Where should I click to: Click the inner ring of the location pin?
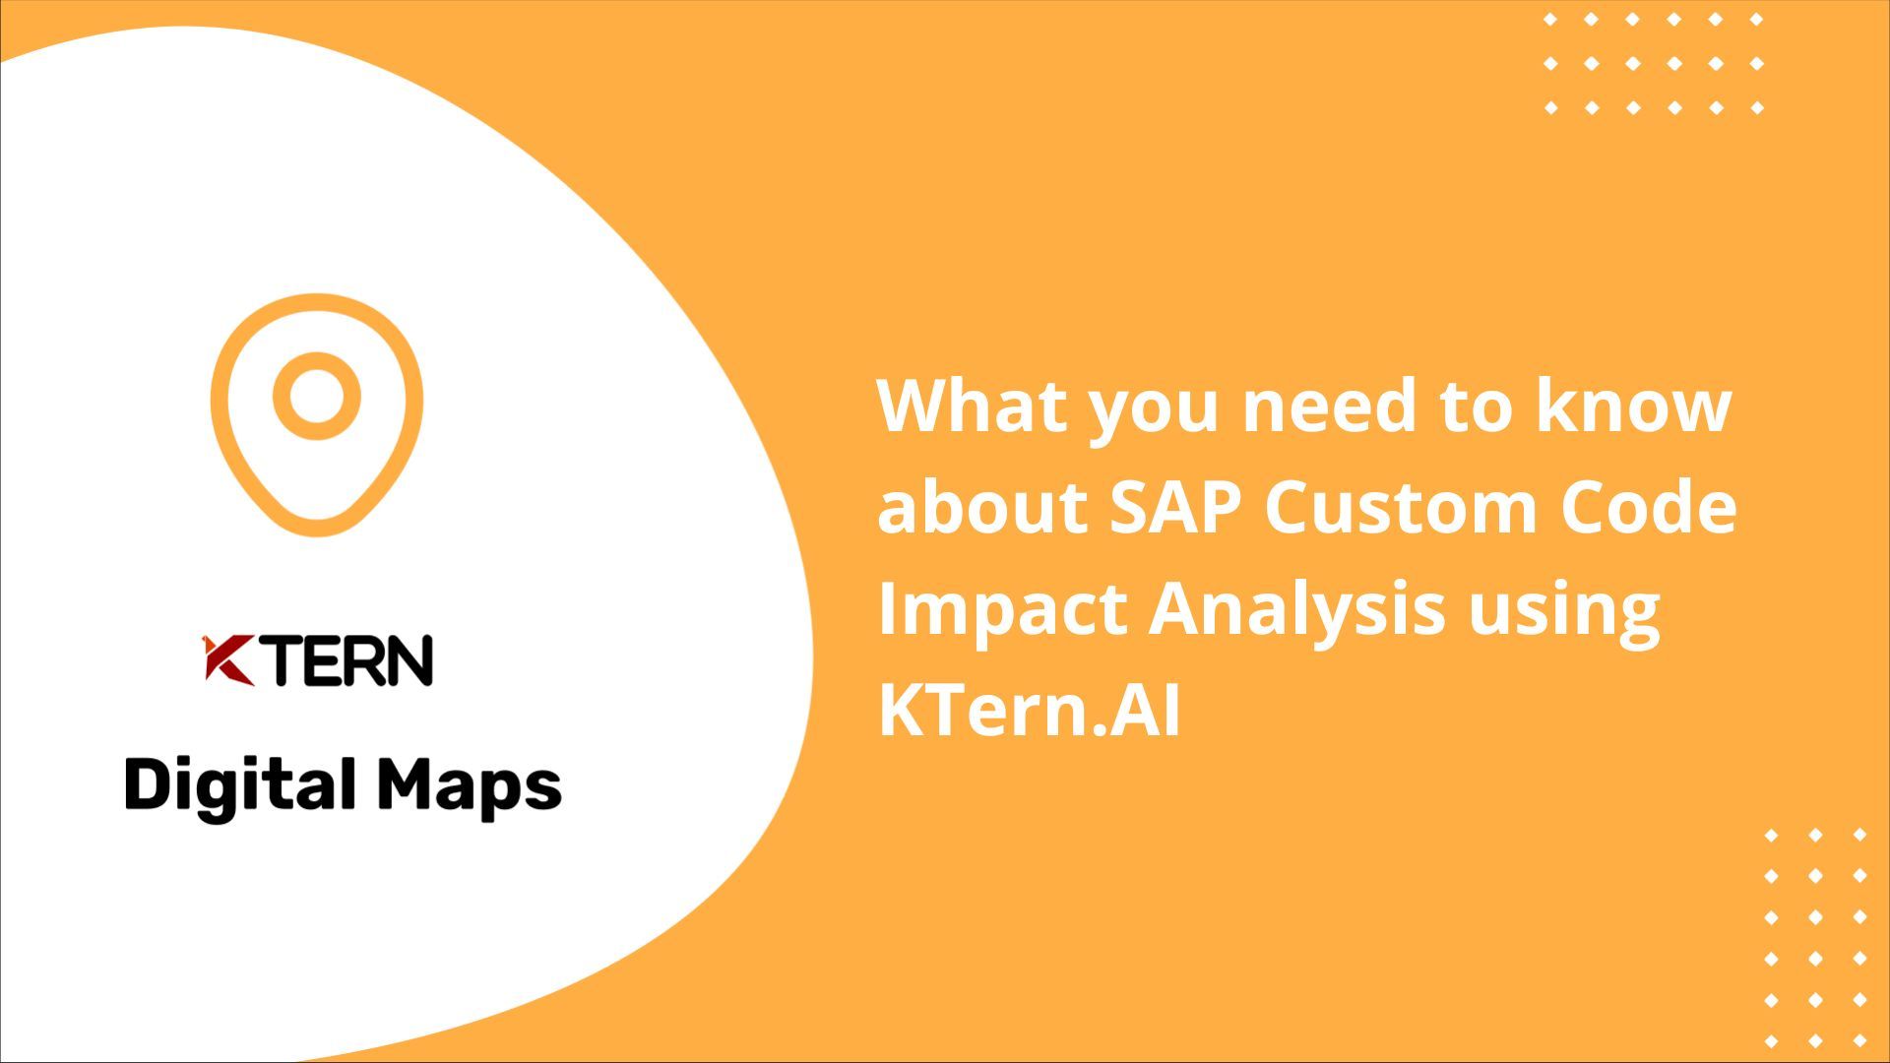316,396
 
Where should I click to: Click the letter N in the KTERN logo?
408,660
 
